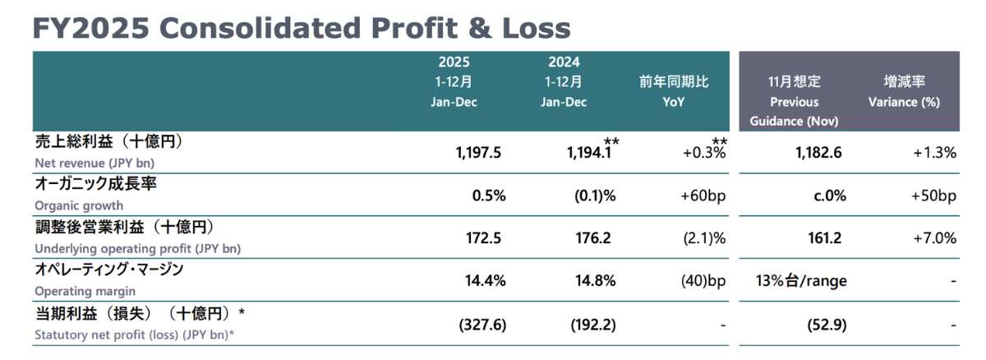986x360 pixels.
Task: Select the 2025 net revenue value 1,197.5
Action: point(478,153)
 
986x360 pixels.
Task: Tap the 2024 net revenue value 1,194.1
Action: point(589,153)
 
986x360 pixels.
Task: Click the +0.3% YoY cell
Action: point(704,153)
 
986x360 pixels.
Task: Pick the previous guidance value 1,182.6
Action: point(818,153)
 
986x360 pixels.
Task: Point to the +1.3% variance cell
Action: point(934,153)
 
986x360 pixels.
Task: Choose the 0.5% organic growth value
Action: point(489,196)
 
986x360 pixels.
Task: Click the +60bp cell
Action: point(703,196)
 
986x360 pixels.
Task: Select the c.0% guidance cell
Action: point(830,196)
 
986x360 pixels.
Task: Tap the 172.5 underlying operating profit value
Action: point(483,238)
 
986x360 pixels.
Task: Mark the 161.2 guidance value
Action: point(824,238)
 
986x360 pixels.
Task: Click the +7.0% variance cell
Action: point(934,238)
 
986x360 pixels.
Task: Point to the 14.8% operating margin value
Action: point(596,281)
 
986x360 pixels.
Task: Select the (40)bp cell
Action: point(703,281)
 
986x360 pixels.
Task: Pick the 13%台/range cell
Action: point(801,281)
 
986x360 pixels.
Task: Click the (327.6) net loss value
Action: point(482,325)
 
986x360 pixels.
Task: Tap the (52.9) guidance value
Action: point(827,325)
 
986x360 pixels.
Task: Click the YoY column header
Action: point(674,102)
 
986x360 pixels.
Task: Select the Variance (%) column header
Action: point(904,102)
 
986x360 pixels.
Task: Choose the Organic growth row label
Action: point(79,205)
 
